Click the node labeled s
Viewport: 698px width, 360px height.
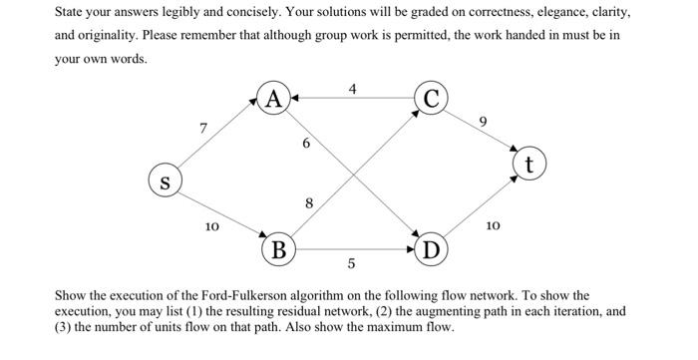(x=164, y=182)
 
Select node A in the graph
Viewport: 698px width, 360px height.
(x=274, y=99)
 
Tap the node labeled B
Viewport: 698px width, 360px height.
(x=279, y=248)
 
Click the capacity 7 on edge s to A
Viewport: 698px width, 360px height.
(x=203, y=128)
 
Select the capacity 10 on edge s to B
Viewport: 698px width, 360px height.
(x=211, y=227)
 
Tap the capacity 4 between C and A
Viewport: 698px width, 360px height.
(x=352, y=89)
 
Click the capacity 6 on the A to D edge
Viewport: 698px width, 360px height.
(x=306, y=144)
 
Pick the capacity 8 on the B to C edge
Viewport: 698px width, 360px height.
(x=309, y=203)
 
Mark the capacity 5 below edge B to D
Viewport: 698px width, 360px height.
(x=351, y=264)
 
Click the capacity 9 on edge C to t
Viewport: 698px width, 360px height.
(x=484, y=122)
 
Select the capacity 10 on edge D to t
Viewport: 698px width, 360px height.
(x=493, y=227)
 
